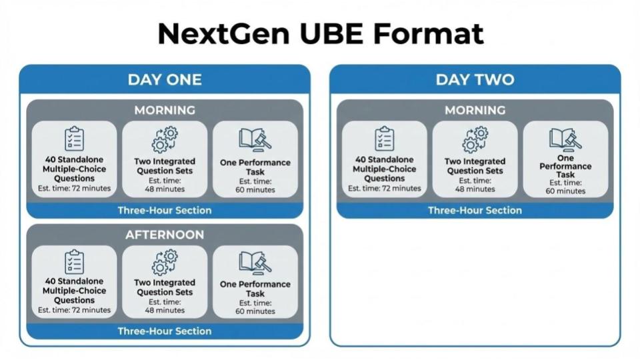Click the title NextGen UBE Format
coord(321,33)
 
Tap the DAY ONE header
coord(165,79)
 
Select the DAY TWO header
coord(475,79)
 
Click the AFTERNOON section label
coord(165,235)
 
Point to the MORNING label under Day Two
coord(475,110)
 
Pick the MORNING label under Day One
coord(165,110)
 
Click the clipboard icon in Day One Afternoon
coord(74,261)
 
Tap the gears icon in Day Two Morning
coord(475,139)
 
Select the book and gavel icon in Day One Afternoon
coord(255,263)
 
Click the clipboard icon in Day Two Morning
coord(385,139)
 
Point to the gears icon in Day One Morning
coord(165,139)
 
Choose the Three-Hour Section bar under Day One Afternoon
coord(165,331)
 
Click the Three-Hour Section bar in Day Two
coord(475,210)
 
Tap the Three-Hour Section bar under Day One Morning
coord(165,210)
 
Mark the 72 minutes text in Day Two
coord(401,188)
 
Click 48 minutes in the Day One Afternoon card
coord(165,310)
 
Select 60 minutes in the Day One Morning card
coord(255,190)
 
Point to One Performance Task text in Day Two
coord(565,166)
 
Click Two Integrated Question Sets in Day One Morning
coord(165,166)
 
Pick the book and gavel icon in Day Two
coord(565,139)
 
